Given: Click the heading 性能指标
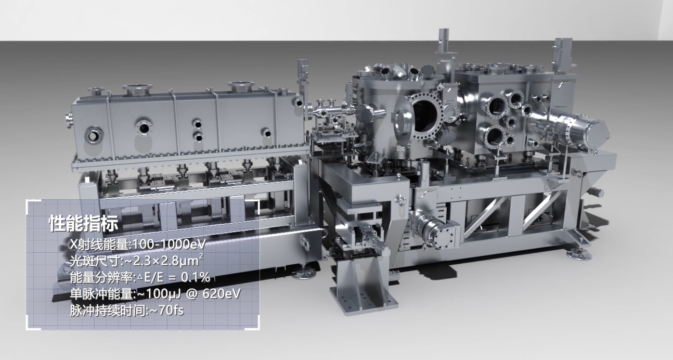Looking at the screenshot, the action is pos(84,224).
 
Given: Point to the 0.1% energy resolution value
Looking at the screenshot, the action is pos(195,277).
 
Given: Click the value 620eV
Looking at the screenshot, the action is pos(222,293).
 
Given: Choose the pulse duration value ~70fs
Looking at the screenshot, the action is pos(166,310).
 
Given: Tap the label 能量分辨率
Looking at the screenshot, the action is pos(101,277).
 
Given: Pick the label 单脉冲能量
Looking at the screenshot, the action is pos(101,293).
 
